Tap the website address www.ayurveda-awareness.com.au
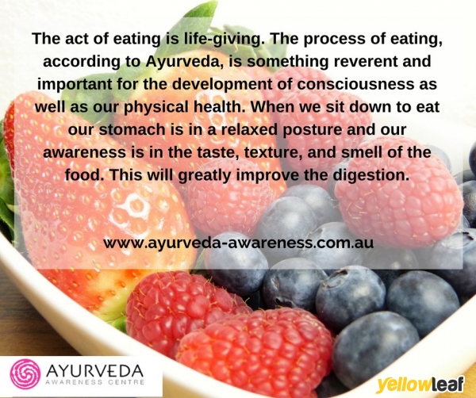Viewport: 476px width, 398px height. coord(238,243)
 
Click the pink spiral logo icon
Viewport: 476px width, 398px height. coord(25,374)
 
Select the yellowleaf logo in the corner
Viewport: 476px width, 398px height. coord(420,385)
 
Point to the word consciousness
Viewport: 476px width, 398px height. coord(355,84)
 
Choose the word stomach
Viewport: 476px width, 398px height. coord(138,129)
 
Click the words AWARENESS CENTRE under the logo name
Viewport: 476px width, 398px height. coord(94,382)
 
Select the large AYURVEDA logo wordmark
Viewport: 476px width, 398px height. coord(94,370)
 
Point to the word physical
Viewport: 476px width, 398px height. coord(155,107)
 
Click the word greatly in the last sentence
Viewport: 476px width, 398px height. coord(205,176)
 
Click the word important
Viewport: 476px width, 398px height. coord(75,85)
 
